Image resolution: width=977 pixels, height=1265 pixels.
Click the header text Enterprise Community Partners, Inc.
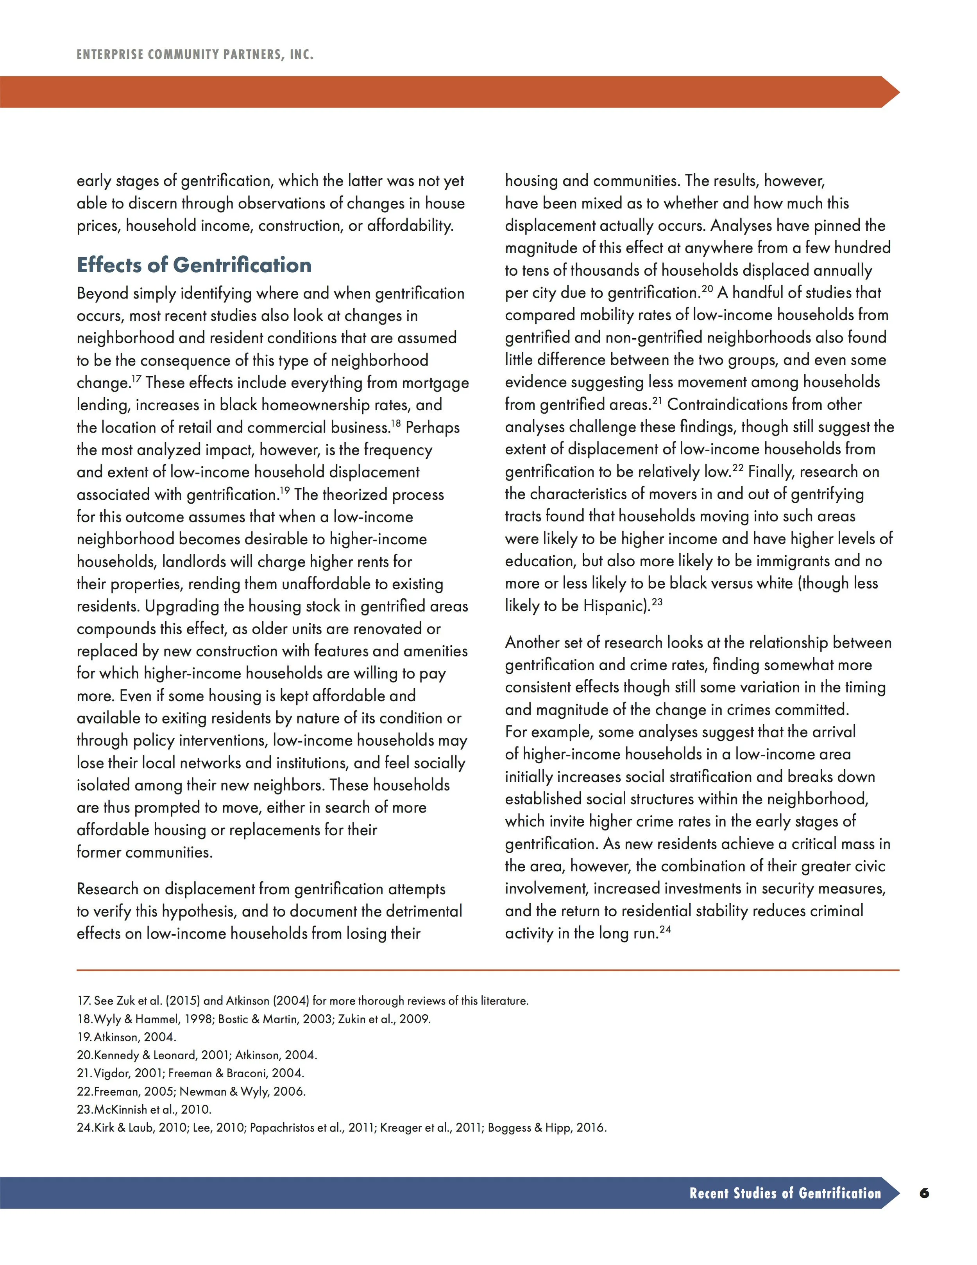pyautogui.click(x=195, y=55)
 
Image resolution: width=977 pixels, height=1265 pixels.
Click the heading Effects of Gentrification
pyautogui.click(x=194, y=265)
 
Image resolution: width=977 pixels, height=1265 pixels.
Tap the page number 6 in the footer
pyautogui.click(x=924, y=1193)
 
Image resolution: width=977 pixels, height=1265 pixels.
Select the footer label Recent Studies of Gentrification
pyautogui.click(x=785, y=1193)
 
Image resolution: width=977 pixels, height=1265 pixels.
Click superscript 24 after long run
pyautogui.click(x=665, y=929)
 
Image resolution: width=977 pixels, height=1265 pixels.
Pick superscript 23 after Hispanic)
pyautogui.click(x=657, y=602)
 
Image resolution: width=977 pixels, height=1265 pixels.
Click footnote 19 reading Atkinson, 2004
pyautogui.click(x=126, y=1037)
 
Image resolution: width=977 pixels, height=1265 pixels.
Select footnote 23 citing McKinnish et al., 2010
pyautogui.click(x=144, y=1109)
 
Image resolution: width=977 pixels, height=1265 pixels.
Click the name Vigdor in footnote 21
pyautogui.click(x=112, y=1073)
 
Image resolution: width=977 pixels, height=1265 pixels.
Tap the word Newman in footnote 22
pyautogui.click(x=202, y=1091)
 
